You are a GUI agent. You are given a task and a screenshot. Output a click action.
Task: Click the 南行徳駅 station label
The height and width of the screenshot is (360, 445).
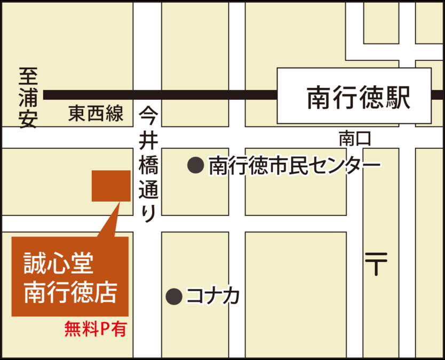(x=358, y=98)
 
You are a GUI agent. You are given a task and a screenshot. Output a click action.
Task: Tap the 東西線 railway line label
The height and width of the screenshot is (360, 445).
(x=96, y=114)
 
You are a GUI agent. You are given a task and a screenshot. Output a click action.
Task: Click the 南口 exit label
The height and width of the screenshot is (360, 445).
(x=354, y=140)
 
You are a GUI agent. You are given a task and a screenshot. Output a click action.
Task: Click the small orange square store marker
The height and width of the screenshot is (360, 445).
(x=111, y=186)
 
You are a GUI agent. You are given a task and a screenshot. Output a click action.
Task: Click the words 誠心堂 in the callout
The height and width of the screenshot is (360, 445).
(x=59, y=263)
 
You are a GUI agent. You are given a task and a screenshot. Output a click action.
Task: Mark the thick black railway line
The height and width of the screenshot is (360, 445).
(x=160, y=95)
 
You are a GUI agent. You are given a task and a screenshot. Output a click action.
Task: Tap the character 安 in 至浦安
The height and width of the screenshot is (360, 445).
(x=27, y=120)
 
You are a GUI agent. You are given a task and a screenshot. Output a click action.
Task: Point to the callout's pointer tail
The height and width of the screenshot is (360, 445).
(x=109, y=221)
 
